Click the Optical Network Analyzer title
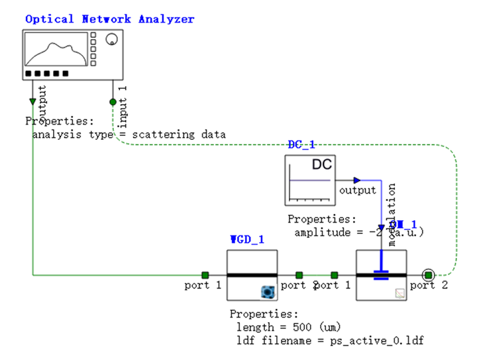(x=110, y=19)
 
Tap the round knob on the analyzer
(x=111, y=39)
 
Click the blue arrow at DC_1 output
(x=356, y=180)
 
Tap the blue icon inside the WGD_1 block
(x=267, y=290)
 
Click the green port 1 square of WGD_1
(x=205, y=274)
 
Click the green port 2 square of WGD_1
(x=299, y=274)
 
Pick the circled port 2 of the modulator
(x=428, y=274)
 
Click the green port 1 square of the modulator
(x=335, y=274)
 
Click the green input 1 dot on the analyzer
(x=113, y=102)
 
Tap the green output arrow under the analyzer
(x=32, y=102)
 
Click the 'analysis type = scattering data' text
(x=129, y=134)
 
